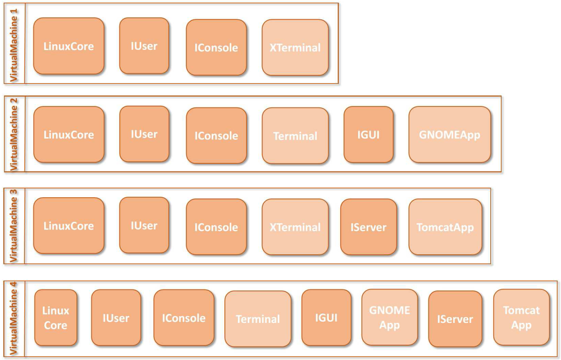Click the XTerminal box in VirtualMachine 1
pos(295,48)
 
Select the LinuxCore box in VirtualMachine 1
pos(68,46)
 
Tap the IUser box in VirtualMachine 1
pos(144,46)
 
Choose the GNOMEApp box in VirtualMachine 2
pos(449,135)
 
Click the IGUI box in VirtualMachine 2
pos(368,135)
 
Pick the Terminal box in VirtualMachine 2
pos(295,136)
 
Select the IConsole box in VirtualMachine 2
pos(216,136)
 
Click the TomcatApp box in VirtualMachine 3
pos(445,227)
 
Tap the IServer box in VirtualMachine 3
pos(368,227)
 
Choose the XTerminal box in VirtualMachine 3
pos(295,227)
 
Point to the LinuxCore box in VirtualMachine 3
pos(68,226)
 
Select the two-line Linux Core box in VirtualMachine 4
pos(56,318)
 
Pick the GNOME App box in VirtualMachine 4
pos(389,318)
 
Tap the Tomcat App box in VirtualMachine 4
pos(521,318)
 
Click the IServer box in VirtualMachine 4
pos(455,319)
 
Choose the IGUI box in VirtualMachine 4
pos(326,318)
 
